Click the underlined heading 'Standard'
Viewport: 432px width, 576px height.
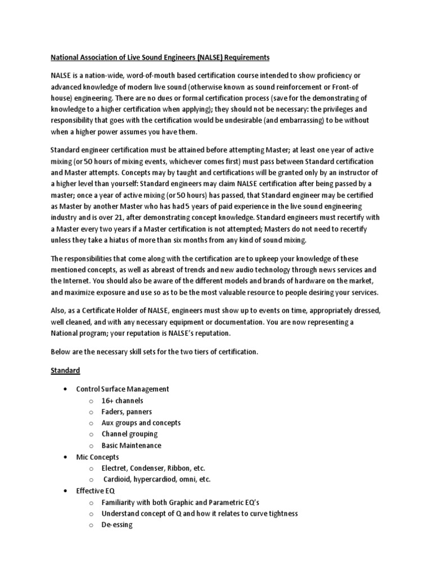(x=65, y=371)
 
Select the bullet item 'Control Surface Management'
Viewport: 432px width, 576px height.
(x=123, y=389)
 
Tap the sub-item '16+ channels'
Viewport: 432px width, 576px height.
(x=122, y=400)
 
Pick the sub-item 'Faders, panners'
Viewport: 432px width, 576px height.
(x=127, y=412)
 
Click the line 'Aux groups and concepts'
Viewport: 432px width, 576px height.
(x=141, y=423)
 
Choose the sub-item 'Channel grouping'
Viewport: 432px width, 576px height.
(x=129, y=434)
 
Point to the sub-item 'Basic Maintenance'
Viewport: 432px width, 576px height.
(x=131, y=445)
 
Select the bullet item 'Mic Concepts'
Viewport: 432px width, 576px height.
(x=98, y=457)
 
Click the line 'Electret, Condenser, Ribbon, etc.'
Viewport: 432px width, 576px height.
(x=154, y=469)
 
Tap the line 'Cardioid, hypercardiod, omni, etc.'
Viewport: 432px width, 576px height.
(x=157, y=480)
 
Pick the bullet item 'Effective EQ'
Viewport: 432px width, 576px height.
(x=95, y=491)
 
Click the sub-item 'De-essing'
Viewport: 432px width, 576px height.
(x=117, y=525)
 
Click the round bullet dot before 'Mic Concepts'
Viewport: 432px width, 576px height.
(x=67, y=457)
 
